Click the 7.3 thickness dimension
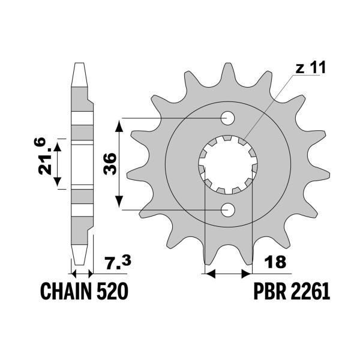[116, 262]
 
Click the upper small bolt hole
[228, 118]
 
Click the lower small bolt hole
[228, 210]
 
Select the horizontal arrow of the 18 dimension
[228, 274]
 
